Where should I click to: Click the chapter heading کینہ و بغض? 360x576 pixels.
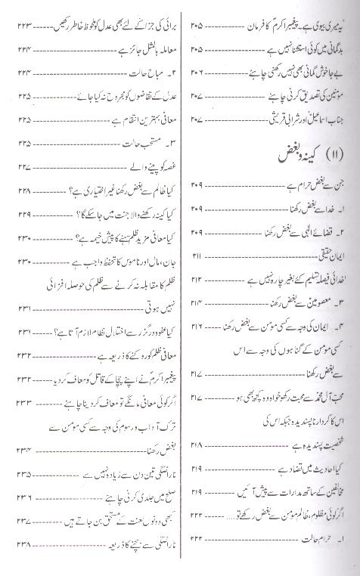tap(287, 156)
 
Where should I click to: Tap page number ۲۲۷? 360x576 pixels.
tap(23, 167)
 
